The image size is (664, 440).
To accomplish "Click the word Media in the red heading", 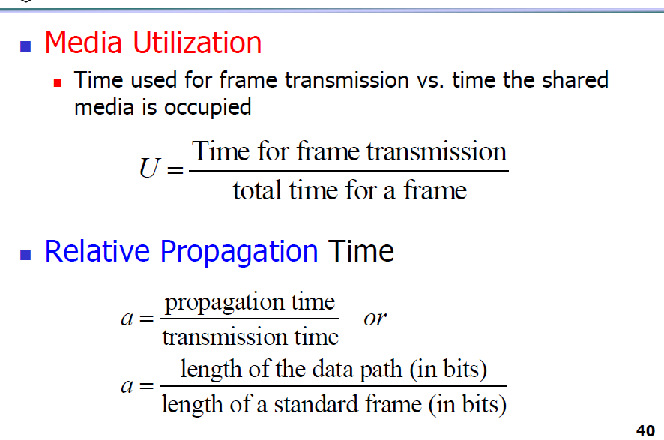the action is coord(83,43).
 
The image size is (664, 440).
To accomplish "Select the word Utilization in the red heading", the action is coord(197,43).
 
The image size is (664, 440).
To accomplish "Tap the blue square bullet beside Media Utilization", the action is coord(25,46).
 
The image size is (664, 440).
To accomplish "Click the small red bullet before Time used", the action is coord(58,83).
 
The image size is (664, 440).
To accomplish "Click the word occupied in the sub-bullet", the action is coord(208,108).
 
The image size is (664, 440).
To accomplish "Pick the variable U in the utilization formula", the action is coord(150,168).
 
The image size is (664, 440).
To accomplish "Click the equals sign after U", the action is coord(175,171).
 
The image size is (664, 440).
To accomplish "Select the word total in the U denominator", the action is coord(258,190).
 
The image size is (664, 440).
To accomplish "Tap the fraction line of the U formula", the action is coord(348,171).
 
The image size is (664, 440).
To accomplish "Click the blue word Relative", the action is coord(97,251).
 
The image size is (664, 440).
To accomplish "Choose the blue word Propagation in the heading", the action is coord(239,253).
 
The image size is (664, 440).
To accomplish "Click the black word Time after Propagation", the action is coord(360,251).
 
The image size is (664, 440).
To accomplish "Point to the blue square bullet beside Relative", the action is coord(25,255).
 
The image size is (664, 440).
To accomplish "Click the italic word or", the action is coord(375,319).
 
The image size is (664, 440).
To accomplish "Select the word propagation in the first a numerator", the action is coord(224,304).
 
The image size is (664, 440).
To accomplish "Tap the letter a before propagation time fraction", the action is coord(127,319).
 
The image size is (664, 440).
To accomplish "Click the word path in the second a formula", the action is coord(381,370).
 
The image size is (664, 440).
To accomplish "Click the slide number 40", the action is coord(645,431).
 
